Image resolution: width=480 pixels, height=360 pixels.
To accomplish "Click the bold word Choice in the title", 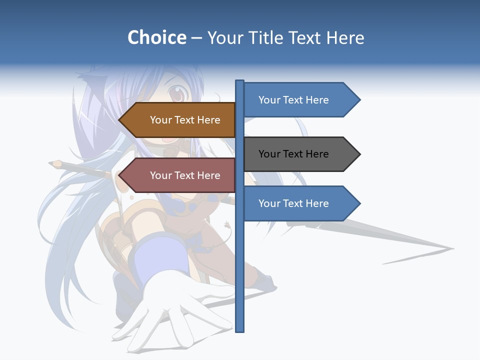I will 156,37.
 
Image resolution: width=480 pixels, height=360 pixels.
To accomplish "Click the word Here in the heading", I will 345,37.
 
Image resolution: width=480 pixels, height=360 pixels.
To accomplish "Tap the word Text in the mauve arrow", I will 185,175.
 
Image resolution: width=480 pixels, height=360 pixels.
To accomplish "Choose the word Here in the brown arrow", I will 208,120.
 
